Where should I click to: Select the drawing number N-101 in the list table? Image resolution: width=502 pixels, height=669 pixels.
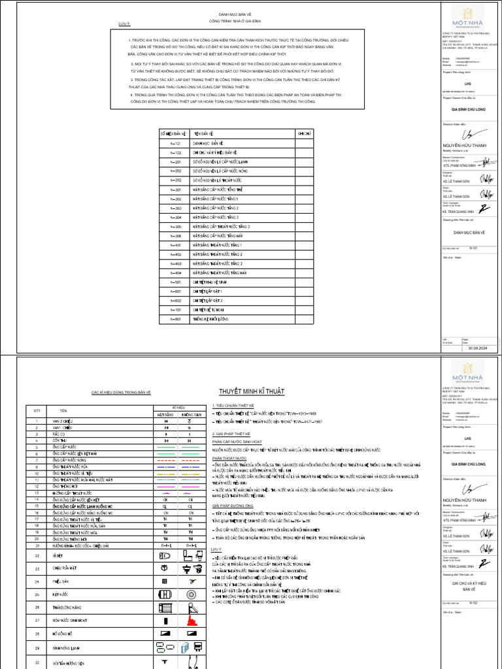pos(175,142)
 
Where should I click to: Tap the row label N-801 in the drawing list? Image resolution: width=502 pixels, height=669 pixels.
pos(175,319)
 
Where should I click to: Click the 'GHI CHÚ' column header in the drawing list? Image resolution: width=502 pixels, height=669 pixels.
pos(305,133)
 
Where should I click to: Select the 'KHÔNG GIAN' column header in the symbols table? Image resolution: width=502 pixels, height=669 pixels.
pos(192,414)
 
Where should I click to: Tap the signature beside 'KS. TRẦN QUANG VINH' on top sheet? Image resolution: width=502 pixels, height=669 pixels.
pos(484,208)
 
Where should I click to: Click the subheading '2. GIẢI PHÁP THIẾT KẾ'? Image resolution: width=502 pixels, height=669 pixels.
pos(230,434)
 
